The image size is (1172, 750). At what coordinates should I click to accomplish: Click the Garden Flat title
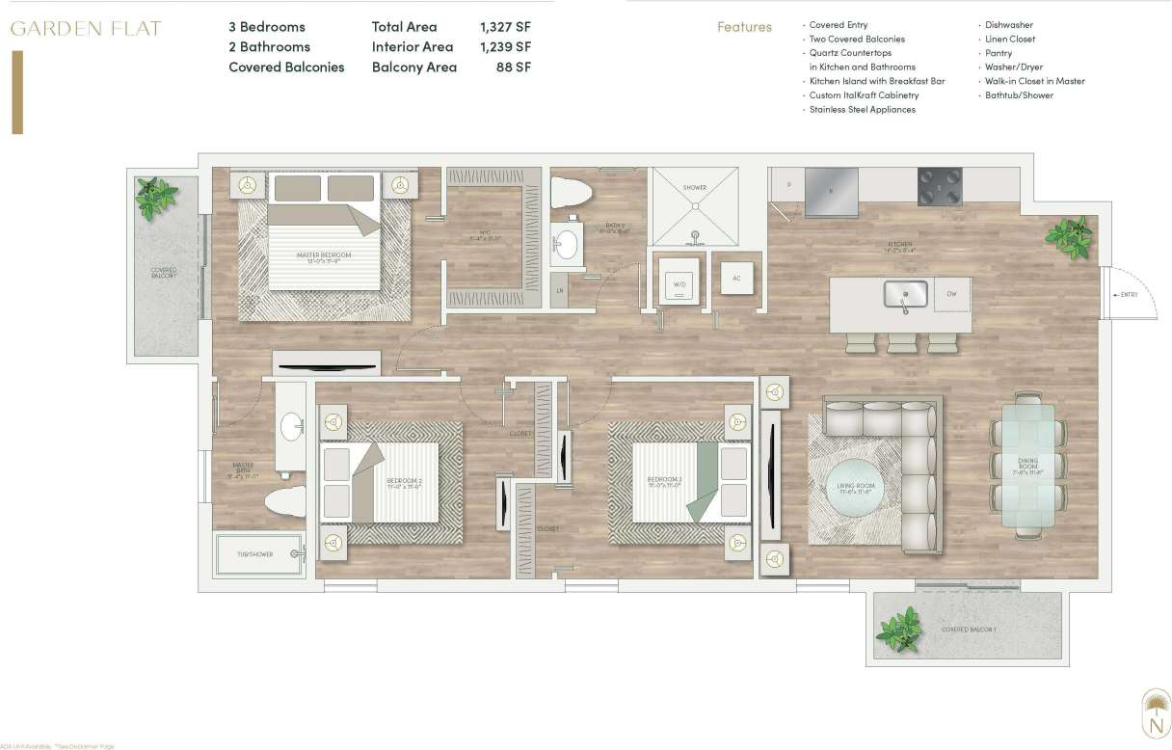click(x=86, y=28)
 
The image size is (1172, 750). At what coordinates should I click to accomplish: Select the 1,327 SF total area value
click(x=505, y=27)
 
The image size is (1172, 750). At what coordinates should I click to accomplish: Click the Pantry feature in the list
click(x=999, y=53)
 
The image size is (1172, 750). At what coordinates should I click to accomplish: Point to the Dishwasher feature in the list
click(x=1008, y=25)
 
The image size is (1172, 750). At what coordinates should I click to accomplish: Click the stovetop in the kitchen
click(x=939, y=185)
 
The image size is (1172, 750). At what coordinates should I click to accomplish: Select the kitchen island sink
click(x=905, y=294)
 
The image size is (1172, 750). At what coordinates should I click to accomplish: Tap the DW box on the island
click(x=951, y=294)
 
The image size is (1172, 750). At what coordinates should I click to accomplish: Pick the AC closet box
click(x=737, y=279)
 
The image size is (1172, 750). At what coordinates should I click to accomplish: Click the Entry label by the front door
click(x=1129, y=294)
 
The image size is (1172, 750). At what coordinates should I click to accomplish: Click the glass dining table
click(x=1027, y=467)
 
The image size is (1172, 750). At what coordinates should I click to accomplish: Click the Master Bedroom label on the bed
click(x=323, y=257)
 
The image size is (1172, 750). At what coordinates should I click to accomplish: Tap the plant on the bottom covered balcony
click(x=900, y=631)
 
